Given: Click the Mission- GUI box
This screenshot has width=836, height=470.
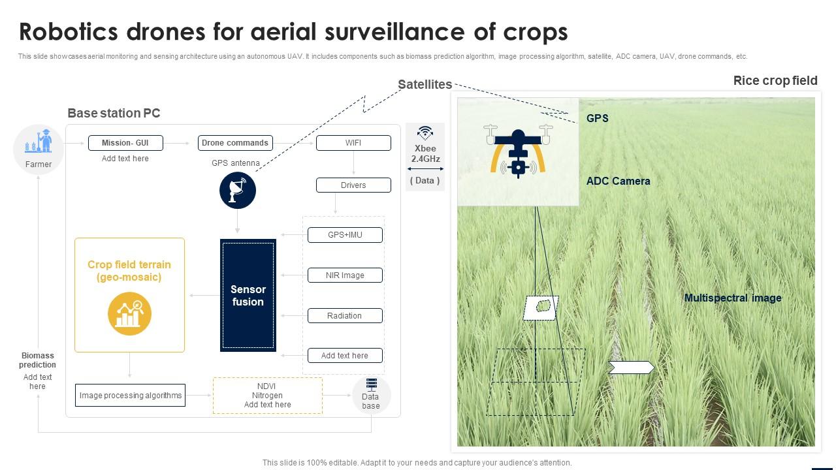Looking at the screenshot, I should (125, 143).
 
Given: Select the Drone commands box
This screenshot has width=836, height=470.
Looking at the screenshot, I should (235, 143).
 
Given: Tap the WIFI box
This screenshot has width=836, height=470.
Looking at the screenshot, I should (353, 143).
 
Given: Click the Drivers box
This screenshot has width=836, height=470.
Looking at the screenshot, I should (353, 185).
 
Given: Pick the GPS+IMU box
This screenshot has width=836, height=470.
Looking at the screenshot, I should (345, 235).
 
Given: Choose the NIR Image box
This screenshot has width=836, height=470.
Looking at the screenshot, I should (345, 275).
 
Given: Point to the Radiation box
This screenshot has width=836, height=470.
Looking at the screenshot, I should (345, 316).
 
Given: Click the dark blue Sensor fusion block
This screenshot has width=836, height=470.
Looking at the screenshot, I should (248, 296).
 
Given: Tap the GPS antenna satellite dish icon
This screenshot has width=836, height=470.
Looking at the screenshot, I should (238, 191).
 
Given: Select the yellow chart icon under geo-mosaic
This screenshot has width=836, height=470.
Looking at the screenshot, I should (129, 314).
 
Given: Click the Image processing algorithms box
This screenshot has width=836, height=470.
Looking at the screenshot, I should (131, 396).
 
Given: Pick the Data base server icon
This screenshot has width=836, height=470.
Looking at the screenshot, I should (371, 384).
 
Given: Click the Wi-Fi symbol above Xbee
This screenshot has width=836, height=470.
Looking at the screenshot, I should (425, 133).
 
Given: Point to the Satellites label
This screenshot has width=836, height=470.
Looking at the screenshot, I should (425, 85).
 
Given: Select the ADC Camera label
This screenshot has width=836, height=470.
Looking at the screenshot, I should (618, 181).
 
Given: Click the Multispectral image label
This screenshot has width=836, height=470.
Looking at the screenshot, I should (733, 298).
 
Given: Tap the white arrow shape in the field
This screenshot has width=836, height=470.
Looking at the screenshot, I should (631, 368).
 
